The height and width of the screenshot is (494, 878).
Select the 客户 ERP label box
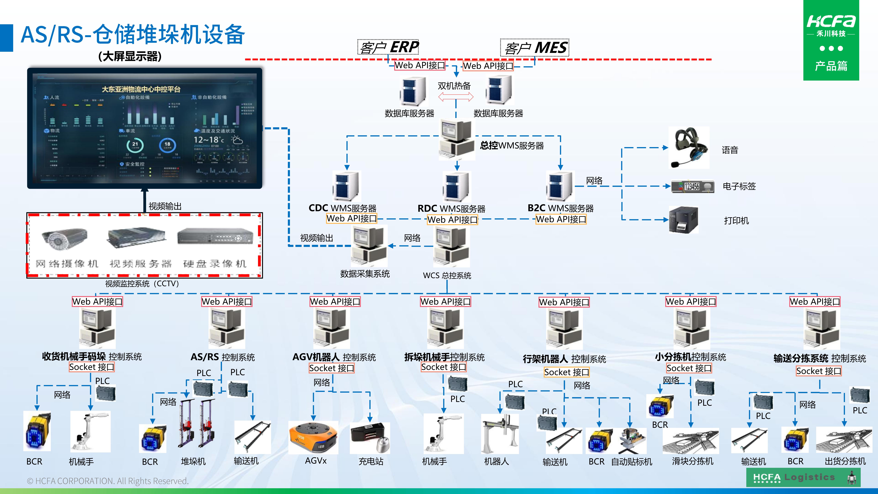pyautogui.click(x=388, y=47)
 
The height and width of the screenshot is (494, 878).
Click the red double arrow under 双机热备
pyautogui.click(x=456, y=97)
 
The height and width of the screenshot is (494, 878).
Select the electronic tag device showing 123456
pyautogui.click(x=693, y=186)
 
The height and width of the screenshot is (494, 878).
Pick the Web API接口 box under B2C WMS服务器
pyautogui.click(x=561, y=219)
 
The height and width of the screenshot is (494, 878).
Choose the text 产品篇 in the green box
pyautogui.click(x=831, y=66)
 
